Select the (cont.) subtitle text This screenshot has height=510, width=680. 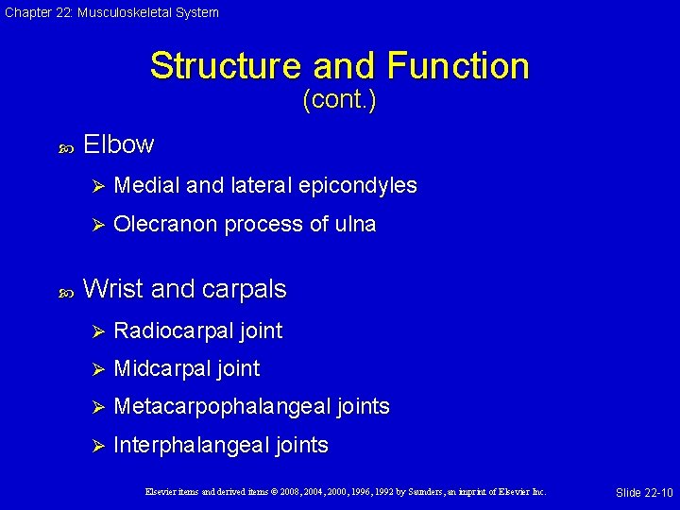[x=339, y=100]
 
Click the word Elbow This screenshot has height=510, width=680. [x=119, y=144]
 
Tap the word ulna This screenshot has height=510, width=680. [x=351, y=224]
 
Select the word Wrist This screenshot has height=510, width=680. [x=112, y=289]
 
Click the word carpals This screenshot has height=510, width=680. [x=245, y=289]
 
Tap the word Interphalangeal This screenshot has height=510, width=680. [x=189, y=445]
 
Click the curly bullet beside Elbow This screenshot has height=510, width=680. [x=66, y=147]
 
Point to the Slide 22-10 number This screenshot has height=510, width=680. [x=644, y=493]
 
